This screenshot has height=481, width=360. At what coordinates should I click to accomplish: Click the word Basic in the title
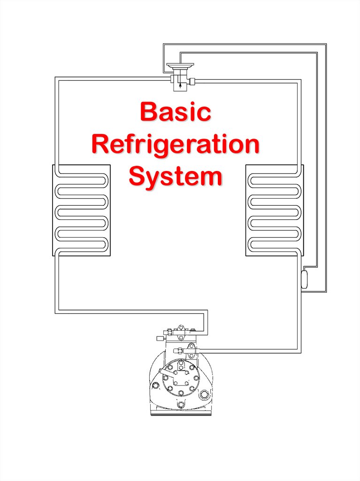176,113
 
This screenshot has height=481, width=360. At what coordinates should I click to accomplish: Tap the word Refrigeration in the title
176,145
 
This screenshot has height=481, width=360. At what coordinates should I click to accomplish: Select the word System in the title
176,177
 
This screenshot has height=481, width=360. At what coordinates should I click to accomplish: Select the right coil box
274,210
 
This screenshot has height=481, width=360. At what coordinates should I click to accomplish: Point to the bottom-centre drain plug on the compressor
180,403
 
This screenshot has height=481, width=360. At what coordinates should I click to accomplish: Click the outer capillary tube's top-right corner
324,45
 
